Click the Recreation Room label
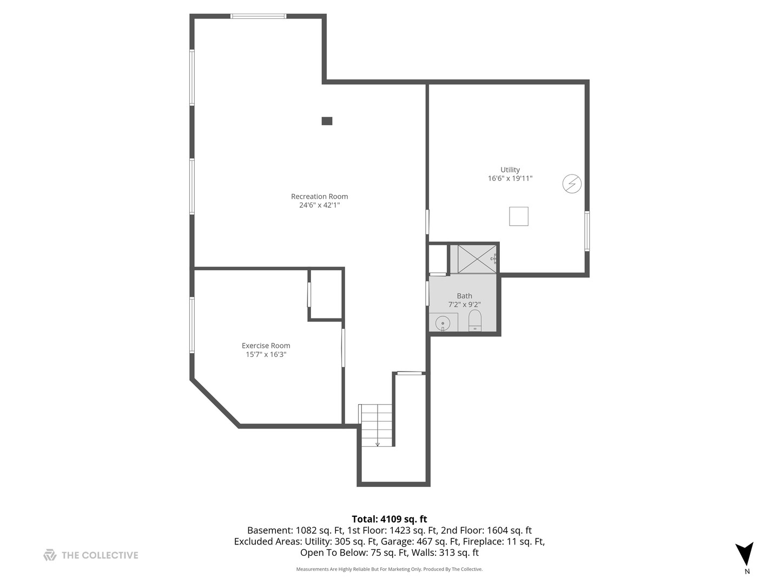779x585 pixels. [x=319, y=197]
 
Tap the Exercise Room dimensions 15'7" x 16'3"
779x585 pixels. [x=266, y=355]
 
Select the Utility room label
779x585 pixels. [x=510, y=170]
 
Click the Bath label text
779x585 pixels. [x=464, y=296]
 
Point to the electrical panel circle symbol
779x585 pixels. [x=572, y=184]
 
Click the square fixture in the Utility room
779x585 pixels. [x=518, y=216]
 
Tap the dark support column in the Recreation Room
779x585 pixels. [x=327, y=121]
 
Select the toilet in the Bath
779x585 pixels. [x=474, y=320]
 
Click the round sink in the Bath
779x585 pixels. [x=443, y=321]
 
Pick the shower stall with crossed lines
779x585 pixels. [x=477, y=259]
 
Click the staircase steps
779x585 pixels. [x=376, y=425]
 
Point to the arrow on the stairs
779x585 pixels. [x=377, y=443]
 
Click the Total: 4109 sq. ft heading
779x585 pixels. [x=389, y=519]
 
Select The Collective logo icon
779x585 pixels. [x=50, y=555]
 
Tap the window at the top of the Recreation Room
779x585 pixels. [x=258, y=16]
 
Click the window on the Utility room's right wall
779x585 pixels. [x=587, y=231]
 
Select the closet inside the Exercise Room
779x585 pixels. [x=326, y=294]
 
